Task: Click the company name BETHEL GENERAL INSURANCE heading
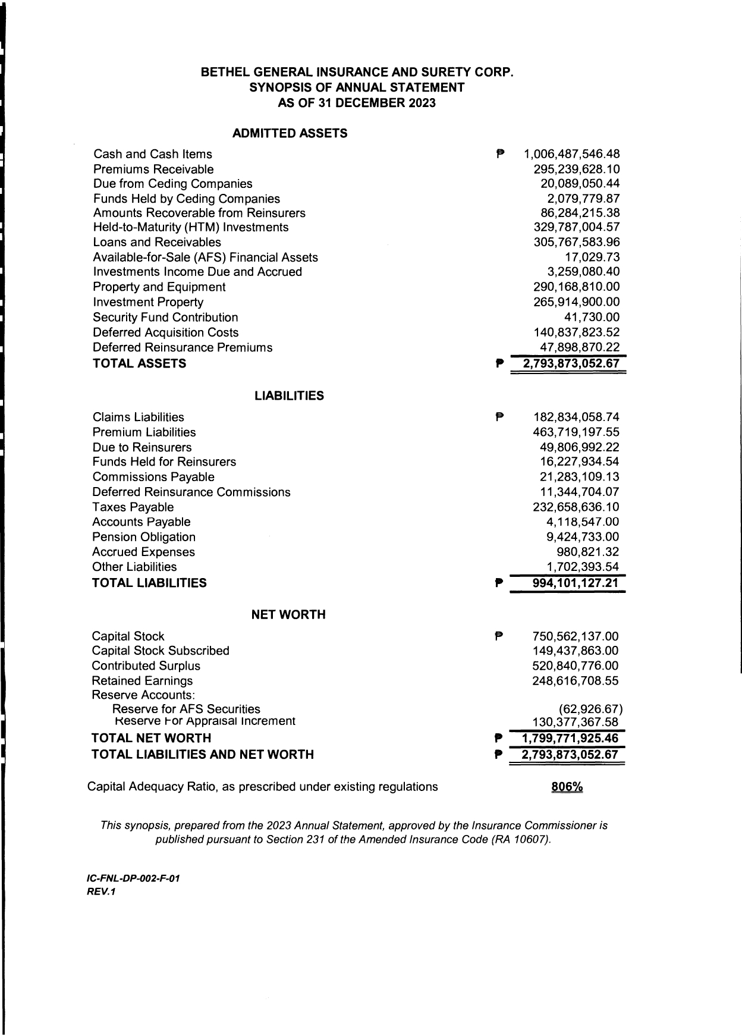click(357, 73)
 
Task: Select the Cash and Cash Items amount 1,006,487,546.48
click(571, 155)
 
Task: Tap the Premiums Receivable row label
click(153, 169)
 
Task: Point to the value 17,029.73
click(592, 257)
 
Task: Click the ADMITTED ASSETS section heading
click(290, 133)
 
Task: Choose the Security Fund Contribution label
click(165, 318)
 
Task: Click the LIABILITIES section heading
click(289, 396)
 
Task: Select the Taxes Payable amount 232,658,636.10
click(576, 507)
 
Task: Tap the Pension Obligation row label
click(144, 537)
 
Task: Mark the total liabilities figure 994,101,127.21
click(576, 583)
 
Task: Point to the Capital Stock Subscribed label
click(161, 651)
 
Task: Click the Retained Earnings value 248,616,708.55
click(576, 681)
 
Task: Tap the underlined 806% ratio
click(567, 787)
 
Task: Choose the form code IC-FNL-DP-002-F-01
click(133, 878)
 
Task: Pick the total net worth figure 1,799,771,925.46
click(570, 739)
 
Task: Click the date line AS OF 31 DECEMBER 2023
click(357, 103)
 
